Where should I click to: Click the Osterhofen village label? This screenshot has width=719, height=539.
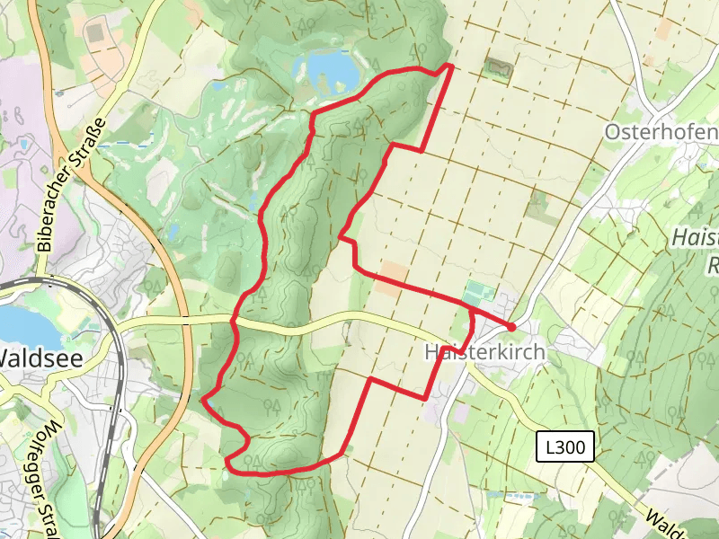tap(661, 132)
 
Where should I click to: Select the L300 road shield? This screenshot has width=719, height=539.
tap(564, 446)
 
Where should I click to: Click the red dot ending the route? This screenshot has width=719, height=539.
tap(511, 326)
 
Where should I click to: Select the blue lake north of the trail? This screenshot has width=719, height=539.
tap(326, 66)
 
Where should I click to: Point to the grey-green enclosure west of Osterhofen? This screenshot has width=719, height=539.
tap(497, 67)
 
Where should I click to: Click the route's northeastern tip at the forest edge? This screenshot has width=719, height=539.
tap(448, 66)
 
